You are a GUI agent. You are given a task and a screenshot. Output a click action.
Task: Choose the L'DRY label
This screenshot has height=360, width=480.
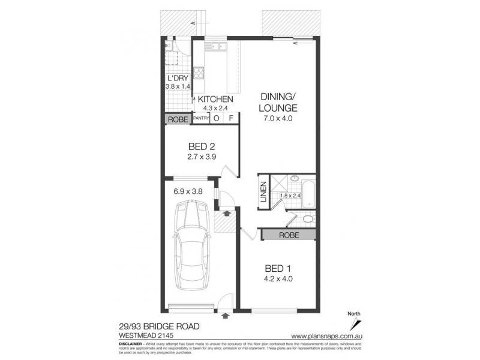(x=178, y=79)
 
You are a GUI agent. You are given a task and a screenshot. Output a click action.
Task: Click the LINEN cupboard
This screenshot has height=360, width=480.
(x=262, y=191)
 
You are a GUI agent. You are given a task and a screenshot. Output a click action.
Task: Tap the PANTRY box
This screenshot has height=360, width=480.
(x=201, y=119)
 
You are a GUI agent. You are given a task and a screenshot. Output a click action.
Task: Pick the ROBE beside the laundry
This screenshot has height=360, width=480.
(x=178, y=119)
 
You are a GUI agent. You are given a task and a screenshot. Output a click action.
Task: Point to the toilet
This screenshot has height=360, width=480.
(x=307, y=219)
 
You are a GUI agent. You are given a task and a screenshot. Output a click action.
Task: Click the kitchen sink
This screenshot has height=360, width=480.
(x=214, y=46)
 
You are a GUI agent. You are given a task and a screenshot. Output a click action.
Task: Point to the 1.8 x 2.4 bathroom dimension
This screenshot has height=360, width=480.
(x=292, y=196)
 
